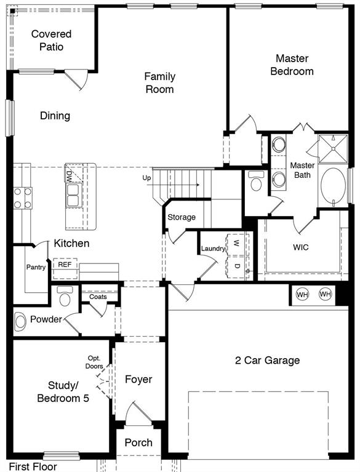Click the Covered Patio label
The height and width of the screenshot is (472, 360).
click(51, 40)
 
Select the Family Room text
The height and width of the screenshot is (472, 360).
click(159, 82)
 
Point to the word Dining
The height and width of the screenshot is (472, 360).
click(55, 116)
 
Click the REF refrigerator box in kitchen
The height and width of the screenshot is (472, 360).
click(65, 265)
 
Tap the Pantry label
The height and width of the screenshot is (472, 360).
click(36, 267)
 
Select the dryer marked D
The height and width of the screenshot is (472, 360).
click(235, 265)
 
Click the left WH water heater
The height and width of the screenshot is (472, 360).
click(303, 295)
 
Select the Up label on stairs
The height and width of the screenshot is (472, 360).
click(146, 178)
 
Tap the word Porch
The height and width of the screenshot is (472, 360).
click(138, 442)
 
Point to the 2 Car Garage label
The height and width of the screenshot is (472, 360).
click(267, 360)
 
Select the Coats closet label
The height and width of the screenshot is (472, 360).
click(98, 297)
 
